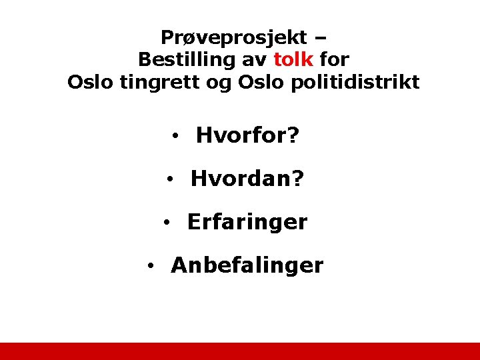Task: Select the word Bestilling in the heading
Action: pos(187,59)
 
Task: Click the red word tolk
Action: pos(293,59)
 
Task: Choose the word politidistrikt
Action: pos(362,83)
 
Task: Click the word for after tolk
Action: pos(334,59)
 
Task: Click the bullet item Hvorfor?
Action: pos(247,136)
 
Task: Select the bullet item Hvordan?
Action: pos(247,179)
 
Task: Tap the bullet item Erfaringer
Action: pos(247,222)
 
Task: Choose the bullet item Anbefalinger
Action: pos(247,265)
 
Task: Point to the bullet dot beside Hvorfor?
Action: pos(173,137)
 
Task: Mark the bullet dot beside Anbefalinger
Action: pos(152,266)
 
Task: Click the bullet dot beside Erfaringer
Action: pos(168,223)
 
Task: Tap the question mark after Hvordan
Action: pos(298,179)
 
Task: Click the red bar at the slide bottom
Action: pos(240,351)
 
